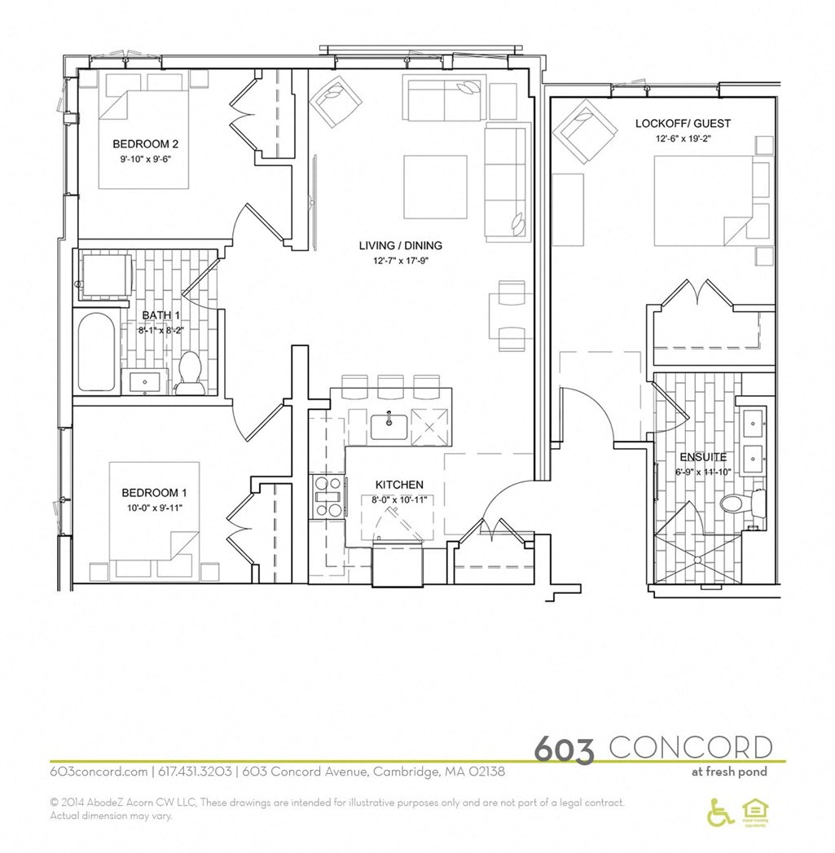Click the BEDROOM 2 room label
(145, 144)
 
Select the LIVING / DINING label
(401, 245)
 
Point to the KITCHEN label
(399, 485)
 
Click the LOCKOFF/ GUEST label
(683, 124)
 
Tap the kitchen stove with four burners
(328, 497)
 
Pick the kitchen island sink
(389, 426)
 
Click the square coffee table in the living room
(435, 187)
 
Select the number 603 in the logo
(565, 749)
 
